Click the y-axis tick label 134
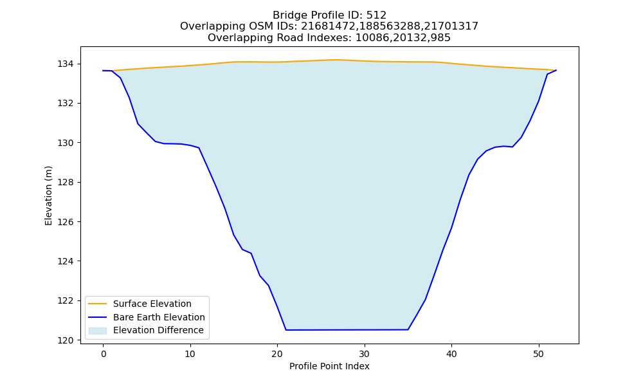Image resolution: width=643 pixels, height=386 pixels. pyautogui.click(x=65, y=64)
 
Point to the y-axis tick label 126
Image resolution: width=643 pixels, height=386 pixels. pyautogui.click(x=65, y=222)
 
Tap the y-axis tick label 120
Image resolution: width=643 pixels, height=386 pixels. pyautogui.click(x=65, y=340)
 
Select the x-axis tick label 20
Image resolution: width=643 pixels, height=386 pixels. pyautogui.click(x=277, y=354)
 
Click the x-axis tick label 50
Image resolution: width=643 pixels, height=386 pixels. pyautogui.click(x=538, y=354)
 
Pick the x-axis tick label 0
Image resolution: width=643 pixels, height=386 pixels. pyautogui.click(x=104, y=354)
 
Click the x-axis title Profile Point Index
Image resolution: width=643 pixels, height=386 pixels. pyautogui.click(x=329, y=366)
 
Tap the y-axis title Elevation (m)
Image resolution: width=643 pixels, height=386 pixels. pyautogui.click(x=48, y=196)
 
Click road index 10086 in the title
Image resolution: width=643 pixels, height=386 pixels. pyautogui.click(x=372, y=38)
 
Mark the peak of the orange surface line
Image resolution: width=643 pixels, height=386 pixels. pyautogui.click(x=336, y=60)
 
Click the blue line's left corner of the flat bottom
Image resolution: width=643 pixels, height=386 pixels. pyautogui.click(x=286, y=330)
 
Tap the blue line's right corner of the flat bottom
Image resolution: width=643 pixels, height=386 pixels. pyautogui.click(x=408, y=329)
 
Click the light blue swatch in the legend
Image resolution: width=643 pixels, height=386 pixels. pyautogui.click(x=98, y=331)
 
